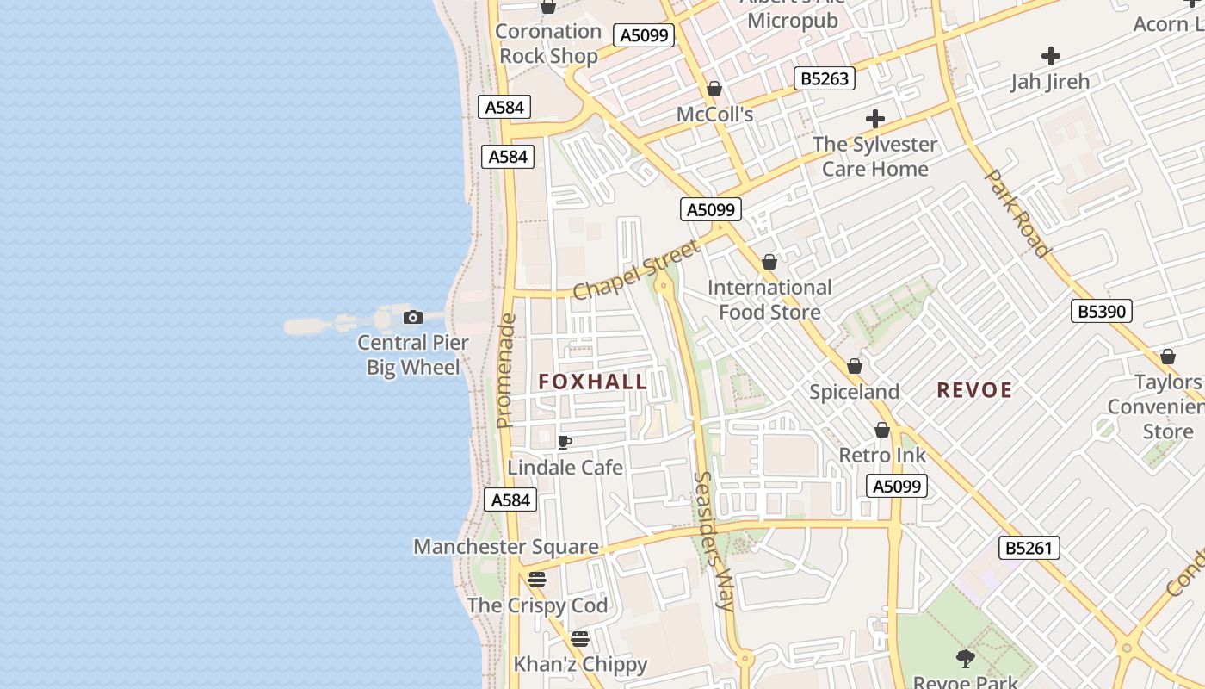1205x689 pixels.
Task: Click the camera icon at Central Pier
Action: (x=413, y=318)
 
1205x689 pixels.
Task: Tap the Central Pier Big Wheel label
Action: (x=413, y=355)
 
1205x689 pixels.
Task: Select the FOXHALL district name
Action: (x=593, y=382)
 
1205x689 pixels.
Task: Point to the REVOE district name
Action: (x=974, y=390)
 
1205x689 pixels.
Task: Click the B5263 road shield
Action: (x=825, y=78)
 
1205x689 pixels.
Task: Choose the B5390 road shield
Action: (x=1102, y=311)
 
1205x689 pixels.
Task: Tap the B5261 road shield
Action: (x=1029, y=548)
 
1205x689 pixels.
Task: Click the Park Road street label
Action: (x=1017, y=213)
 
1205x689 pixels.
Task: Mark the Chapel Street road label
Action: (x=636, y=270)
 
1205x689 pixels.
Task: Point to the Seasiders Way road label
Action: (x=714, y=541)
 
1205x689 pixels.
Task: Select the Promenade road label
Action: (x=506, y=370)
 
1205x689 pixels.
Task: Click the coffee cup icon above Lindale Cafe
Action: (x=565, y=442)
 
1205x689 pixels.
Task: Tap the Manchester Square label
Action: (x=506, y=547)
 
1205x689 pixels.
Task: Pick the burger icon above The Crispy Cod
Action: (x=537, y=580)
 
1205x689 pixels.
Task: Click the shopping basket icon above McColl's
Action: (x=714, y=89)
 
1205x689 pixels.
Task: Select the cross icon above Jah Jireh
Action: (x=1050, y=57)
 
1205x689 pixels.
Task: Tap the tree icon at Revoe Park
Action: (x=965, y=659)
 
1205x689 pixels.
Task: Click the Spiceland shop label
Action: (x=854, y=392)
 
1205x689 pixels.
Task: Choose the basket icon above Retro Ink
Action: (x=882, y=430)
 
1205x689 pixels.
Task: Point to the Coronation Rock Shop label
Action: (x=548, y=44)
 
